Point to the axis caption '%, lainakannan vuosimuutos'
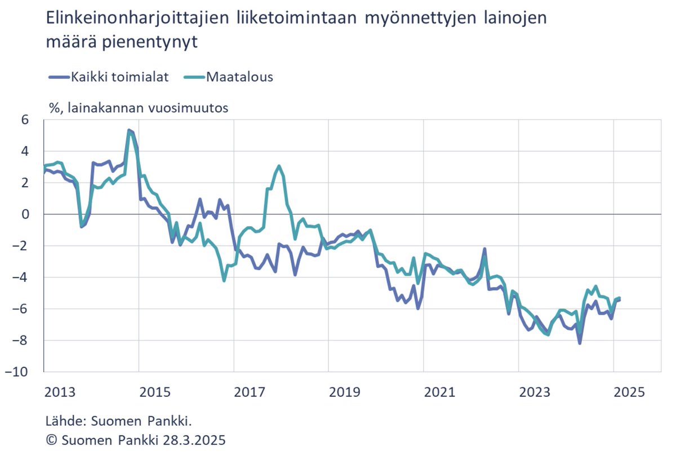coord(139,108)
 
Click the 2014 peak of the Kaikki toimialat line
coord(129,130)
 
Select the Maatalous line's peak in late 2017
coord(279,166)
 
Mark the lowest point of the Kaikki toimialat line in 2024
coord(580,343)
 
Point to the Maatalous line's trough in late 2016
coord(224,280)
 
